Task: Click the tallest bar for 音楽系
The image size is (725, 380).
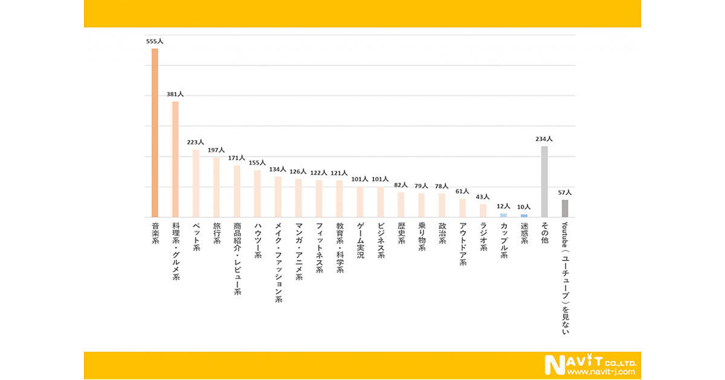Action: (x=155, y=133)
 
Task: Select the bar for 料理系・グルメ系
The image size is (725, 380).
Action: (x=175, y=159)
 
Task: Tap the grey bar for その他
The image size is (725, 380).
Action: (x=544, y=182)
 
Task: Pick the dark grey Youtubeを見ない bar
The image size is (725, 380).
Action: (x=565, y=208)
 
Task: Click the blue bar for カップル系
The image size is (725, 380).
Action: (x=503, y=215)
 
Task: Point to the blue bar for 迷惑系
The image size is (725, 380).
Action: (x=524, y=215)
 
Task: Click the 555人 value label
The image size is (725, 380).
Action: (x=155, y=42)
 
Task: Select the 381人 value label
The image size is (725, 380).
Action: (x=175, y=94)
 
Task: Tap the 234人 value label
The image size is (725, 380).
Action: (x=544, y=139)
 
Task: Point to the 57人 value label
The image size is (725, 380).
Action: (x=564, y=192)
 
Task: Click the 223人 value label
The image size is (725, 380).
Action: (x=196, y=142)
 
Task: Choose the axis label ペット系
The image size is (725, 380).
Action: (x=196, y=238)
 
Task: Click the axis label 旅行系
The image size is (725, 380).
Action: (x=216, y=234)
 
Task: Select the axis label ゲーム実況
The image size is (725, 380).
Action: (x=360, y=241)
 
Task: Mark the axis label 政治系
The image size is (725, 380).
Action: (x=442, y=234)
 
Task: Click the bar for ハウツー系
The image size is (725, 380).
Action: (x=257, y=194)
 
